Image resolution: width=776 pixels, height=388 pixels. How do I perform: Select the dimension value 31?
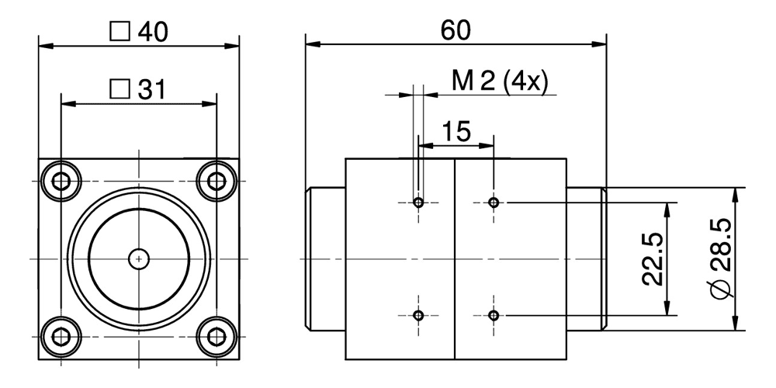pyautogui.click(x=151, y=90)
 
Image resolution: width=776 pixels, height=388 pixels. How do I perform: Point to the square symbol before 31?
pyautogui.click(x=120, y=90)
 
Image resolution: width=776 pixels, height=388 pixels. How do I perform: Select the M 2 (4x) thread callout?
pyautogui.click(x=500, y=81)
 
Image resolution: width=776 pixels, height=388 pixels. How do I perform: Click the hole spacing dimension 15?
pyautogui.click(x=457, y=131)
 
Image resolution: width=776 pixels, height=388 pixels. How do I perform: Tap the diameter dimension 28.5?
pyautogui.click(x=720, y=256)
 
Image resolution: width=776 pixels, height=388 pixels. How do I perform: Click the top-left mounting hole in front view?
pyautogui.click(x=61, y=182)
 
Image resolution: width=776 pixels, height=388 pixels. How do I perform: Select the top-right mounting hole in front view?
pyautogui.click(x=214, y=182)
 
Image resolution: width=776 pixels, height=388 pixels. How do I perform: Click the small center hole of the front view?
pyautogui.click(x=138, y=257)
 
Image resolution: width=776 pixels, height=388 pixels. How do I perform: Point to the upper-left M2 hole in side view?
pyautogui.click(x=418, y=203)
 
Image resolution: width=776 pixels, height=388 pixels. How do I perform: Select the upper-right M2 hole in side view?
pyautogui.click(x=494, y=203)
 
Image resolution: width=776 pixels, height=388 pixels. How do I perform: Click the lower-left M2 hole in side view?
pyautogui.click(x=418, y=315)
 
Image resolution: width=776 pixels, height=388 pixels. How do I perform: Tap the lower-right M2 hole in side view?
pyautogui.click(x=494, y=315)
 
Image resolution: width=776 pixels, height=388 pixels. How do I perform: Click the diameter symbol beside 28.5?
pyautogui.click(x=720, y=291)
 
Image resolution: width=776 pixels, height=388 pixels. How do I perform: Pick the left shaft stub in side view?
pyautogui.click(x=325, y=258)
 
